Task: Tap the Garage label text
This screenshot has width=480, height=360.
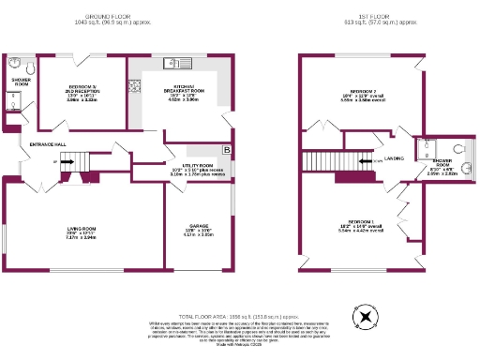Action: point(193,229)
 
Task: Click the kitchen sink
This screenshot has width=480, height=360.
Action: point(173,64)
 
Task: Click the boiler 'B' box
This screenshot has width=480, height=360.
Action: point(226,150)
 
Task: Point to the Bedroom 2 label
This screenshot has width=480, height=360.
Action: point(360,92)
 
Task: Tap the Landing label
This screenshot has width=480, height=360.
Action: point(394,158)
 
